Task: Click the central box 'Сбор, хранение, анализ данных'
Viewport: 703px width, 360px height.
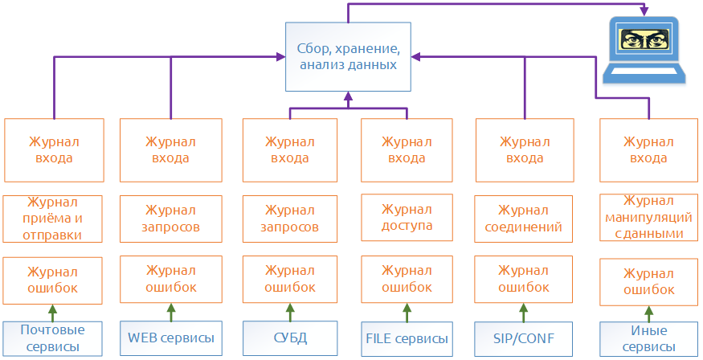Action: pyautogui.click(x=349, y=56)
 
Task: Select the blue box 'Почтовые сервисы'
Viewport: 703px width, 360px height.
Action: pyautogui.click(x=53, y=337)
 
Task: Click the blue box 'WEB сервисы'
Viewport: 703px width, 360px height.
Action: pyautogui.click(x=170, y=337)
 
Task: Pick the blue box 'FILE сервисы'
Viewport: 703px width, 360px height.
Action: pyautogui.click(x=407, y=337)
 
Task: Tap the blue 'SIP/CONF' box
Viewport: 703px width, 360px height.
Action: pyautogui.click(x=525, y=337)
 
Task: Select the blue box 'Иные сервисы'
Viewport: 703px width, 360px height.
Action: pyautogui.click(x=648, y=337)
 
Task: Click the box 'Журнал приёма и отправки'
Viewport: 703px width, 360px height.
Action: pyautogui.click(x=53, y=218)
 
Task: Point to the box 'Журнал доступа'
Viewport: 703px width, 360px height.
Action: pyautogui.click(x=407, y=218)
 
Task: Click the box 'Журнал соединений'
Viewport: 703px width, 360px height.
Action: pyautogui.click(x=525, y=218)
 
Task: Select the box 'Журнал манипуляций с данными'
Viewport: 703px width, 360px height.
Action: pyautogui.click(x=648, y=218)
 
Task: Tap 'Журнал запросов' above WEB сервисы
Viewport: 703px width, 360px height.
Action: pyautogui.click(x=170, y=218)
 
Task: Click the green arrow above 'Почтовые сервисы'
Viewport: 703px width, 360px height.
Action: pyautogui.click(x=53, y=310)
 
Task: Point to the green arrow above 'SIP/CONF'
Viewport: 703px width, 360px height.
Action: pyautogui.click(x=525, y=310)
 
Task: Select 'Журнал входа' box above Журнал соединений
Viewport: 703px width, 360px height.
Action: pyautogui.click(x=525, y=149)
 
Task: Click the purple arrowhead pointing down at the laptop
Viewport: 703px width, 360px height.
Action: pyautogui.click(x=644, y=11)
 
